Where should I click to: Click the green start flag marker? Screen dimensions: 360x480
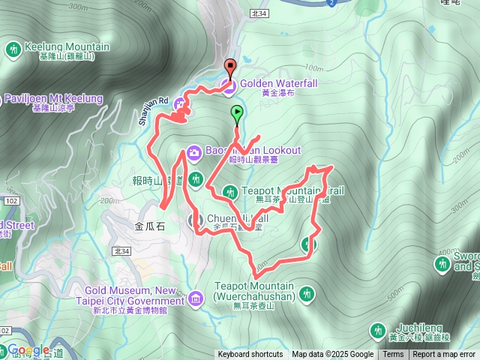(x=238, y=114)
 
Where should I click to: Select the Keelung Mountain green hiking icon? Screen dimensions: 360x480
(x=13, y=49)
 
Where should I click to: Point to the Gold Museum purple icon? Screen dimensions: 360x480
(x=196, y=299)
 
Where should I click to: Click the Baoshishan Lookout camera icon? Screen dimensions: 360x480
(x=194, y=152)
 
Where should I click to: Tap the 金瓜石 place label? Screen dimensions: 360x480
(x=150, y=224)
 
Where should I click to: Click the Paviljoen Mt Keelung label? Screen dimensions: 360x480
(x=52, y=99)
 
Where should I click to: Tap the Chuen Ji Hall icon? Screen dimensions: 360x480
(x=197, y=220)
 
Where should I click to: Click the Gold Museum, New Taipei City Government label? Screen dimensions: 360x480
(x=135, y=295)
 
